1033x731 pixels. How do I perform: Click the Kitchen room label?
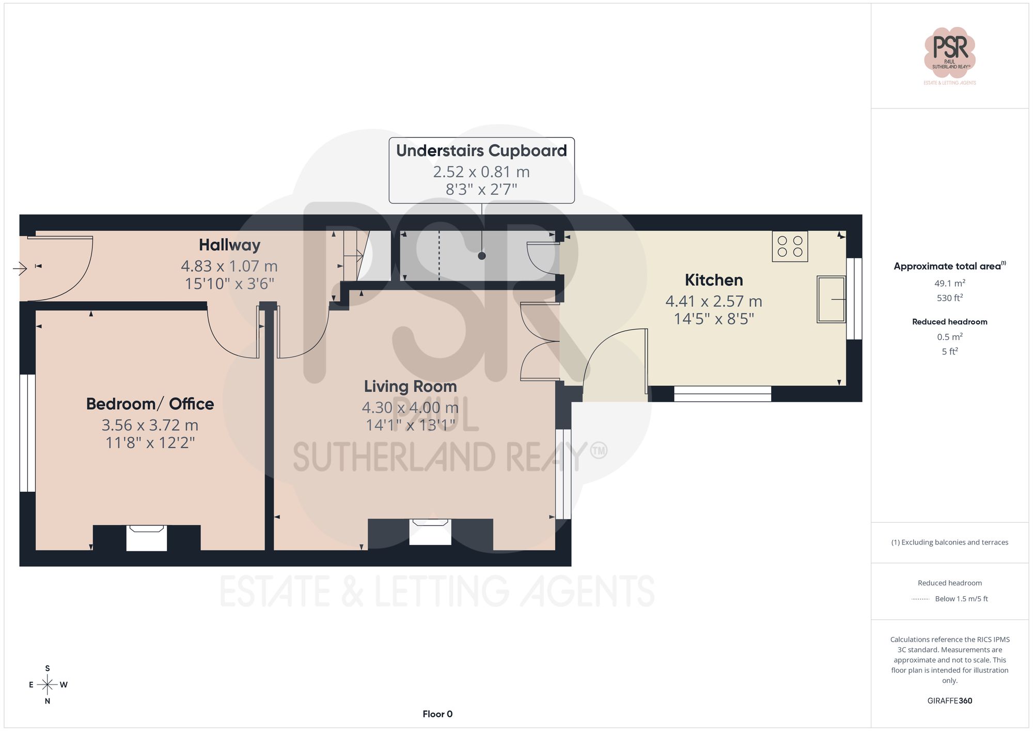click(714, 280)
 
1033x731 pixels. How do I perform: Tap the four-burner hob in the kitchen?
click(790, 246)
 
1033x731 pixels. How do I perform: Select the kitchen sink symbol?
click(831, 299)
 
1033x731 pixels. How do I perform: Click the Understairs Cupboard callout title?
click(481, 150)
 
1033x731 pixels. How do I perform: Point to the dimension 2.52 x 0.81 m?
click(481, 172)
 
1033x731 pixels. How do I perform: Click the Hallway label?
click(229, 245)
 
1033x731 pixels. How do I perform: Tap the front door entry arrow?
click(20, 268)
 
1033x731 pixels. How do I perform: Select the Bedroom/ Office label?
click(150, 403)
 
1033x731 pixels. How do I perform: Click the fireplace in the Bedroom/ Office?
click(147, 538)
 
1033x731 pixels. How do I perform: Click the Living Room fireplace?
click(430, 532)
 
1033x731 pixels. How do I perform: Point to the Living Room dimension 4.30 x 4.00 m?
click(410, 408)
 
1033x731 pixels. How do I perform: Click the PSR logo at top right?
click(949, 52)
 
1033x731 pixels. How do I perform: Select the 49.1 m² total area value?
click(949, 283)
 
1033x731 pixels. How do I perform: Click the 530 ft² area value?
click(949, 298)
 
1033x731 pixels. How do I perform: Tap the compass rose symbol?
click(48, 685)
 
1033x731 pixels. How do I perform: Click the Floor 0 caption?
click(437, 714)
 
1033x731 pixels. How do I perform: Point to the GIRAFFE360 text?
click(949, 701)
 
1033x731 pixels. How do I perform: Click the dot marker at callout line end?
click(481, 256)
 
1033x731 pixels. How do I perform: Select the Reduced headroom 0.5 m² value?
click(949, 337)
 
